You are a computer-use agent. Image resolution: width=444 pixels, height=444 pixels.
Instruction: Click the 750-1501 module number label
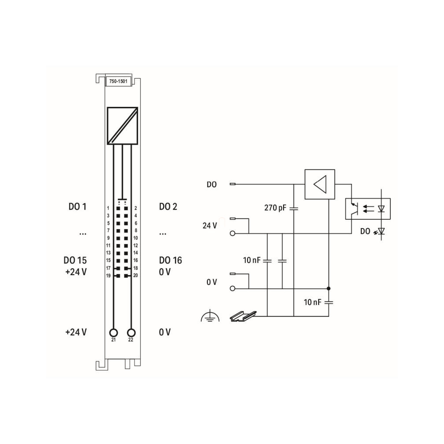(118, 81)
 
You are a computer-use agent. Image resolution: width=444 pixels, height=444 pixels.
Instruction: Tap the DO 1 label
(77, 207)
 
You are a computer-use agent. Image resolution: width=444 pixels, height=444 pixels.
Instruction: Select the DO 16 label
(171, 260)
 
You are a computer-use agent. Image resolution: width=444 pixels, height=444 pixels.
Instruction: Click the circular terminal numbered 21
(113, 332)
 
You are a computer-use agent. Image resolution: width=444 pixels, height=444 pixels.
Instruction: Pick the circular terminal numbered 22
(131, 332)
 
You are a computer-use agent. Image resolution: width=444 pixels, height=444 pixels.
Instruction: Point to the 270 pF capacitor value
(275, 208)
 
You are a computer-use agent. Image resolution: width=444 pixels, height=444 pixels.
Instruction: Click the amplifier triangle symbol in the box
(320, 184)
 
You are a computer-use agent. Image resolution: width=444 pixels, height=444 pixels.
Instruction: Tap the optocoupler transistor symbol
(354, 208)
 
